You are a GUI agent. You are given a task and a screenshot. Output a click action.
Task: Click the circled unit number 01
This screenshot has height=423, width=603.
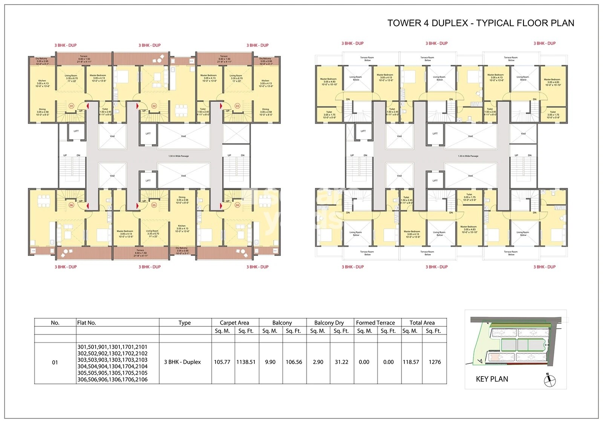(71, 106)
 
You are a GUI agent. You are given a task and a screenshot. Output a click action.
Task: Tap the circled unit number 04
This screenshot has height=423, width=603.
(237, 205)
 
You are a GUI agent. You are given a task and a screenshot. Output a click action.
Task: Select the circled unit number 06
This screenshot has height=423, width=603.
(71, 205)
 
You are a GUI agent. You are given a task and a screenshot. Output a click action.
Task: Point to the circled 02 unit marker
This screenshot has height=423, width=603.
(154, 106)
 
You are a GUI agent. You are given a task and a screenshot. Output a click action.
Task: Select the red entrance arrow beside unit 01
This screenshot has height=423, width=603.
(88, 106)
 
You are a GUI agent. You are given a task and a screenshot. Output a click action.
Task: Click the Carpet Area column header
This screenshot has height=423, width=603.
(234, 323)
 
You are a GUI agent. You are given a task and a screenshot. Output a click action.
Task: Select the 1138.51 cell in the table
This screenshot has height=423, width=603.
(246, 362)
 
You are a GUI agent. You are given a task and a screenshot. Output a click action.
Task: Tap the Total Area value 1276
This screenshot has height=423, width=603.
(435, 362)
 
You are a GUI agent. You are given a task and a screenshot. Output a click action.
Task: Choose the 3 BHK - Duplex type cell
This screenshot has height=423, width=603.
(182, 362)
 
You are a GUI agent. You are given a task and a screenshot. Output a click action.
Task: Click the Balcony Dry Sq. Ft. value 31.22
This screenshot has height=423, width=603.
(341, 362)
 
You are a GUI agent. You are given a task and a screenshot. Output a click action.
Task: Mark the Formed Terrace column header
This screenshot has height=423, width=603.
(375, 323)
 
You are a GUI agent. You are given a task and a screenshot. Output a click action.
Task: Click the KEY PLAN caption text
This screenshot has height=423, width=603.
(492, 379)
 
